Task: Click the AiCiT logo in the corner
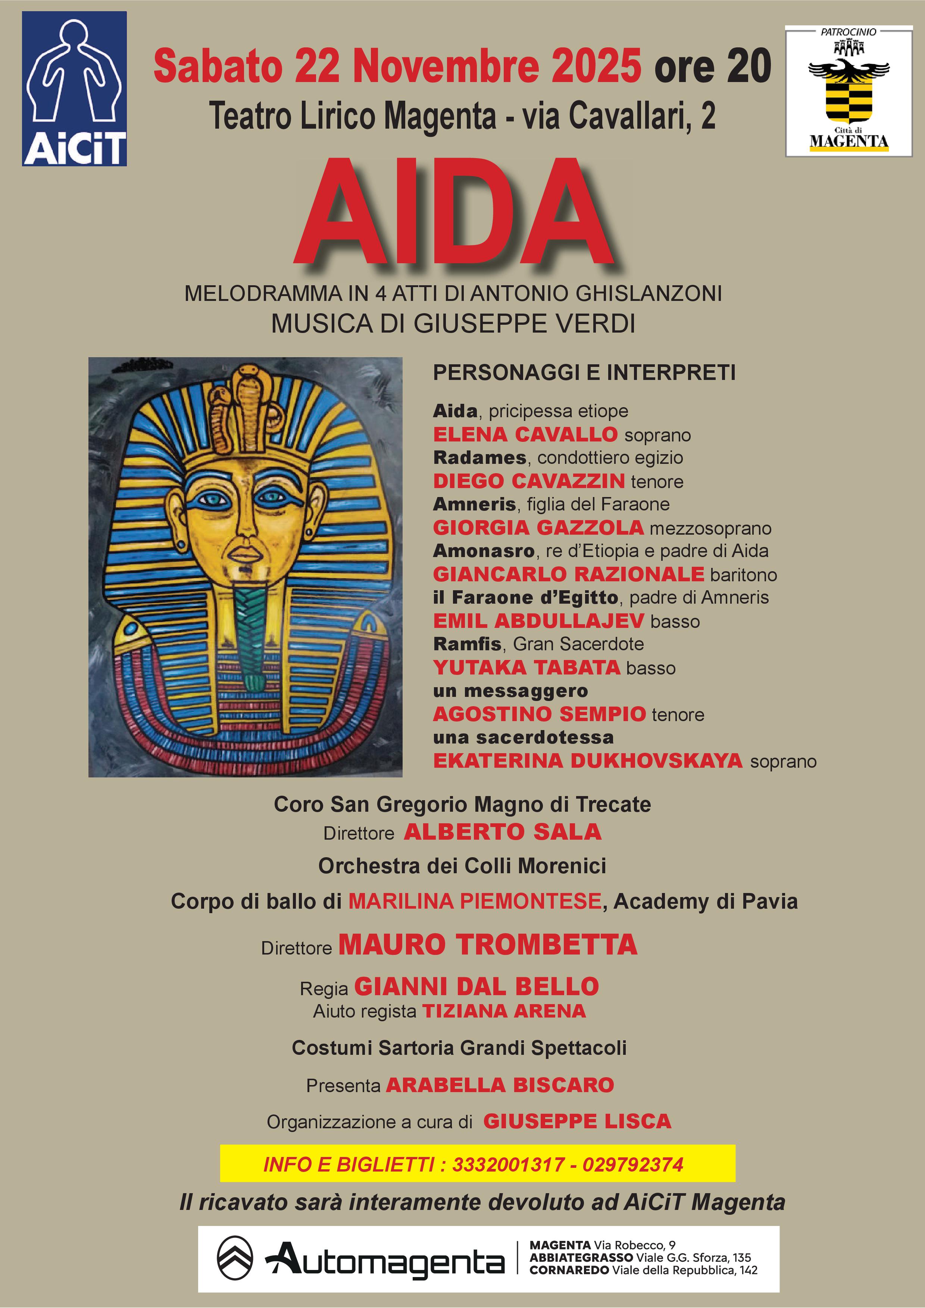(74, 89)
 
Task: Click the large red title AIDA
(454, 212)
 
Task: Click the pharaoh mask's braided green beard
(249, 632)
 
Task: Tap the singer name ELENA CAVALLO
(525, 435)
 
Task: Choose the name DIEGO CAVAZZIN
(528, 481)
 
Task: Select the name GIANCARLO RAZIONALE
(568, 574)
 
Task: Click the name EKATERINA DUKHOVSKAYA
(588, 761)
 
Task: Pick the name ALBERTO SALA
(502, 832)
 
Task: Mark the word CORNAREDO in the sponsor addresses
(569, 1270)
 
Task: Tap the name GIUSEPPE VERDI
(524, 324)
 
